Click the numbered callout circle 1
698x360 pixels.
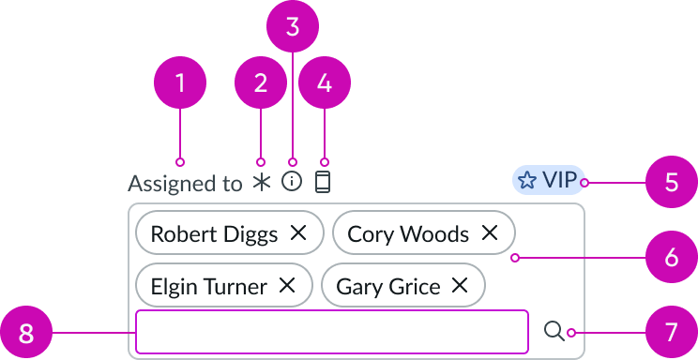coord(180,83)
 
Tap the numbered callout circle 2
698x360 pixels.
coord(261,83)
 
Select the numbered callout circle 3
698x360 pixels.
coord(293,26)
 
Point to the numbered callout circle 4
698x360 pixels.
coord(325,83)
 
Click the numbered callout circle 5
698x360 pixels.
coord(671,182)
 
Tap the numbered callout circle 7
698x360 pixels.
coord(671,333)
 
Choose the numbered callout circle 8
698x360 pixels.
coord(26,333)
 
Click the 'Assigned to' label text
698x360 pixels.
coord(185,183)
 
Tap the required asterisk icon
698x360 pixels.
coord(261,183)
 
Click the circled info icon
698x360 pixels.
coord(292,182)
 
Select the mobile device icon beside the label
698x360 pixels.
coord(323,182)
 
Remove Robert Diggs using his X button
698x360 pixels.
coord(298,233)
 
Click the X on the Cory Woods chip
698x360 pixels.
coord(490,233)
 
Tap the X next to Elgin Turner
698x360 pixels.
coord(287,286)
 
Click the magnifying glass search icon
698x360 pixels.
coord(554,331)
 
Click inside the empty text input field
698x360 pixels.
coord(332,332)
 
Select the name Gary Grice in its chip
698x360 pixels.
coord(387,287)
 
